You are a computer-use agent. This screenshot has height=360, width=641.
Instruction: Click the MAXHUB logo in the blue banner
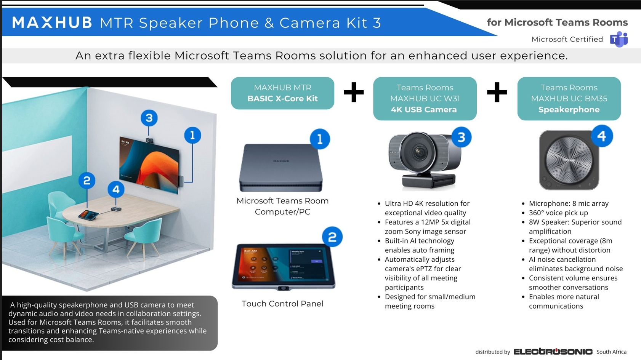[52, 22]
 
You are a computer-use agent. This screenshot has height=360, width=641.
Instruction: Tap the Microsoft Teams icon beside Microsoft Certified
[619, 39]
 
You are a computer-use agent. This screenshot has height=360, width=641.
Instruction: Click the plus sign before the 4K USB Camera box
[354, 92]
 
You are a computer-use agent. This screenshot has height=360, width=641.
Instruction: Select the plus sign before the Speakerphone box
[497, 92]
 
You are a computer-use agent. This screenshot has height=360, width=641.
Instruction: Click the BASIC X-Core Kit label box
[282, 93]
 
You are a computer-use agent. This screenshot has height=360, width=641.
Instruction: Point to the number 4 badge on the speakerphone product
[601, 136]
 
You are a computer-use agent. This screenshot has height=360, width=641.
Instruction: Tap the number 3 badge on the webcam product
[461, 137]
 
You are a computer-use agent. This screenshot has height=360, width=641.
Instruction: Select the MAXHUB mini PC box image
[281, 168]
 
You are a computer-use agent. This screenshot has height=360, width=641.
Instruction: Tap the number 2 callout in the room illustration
[87, 181]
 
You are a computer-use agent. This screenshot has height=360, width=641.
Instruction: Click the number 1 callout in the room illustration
[192, 135]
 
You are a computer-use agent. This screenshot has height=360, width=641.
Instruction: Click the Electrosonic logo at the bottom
[553, 351]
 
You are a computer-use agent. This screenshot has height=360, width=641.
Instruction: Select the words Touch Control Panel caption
[282, 304]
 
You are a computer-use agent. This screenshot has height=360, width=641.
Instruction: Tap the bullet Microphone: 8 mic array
[569, 203]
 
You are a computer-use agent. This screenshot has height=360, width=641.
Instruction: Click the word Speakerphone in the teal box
[569, 109]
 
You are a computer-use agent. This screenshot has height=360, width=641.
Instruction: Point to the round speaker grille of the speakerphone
[569, 159]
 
